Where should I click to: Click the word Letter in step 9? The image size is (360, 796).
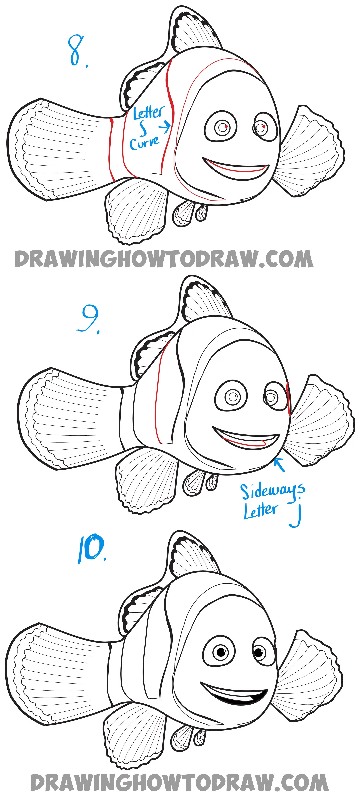260,511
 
